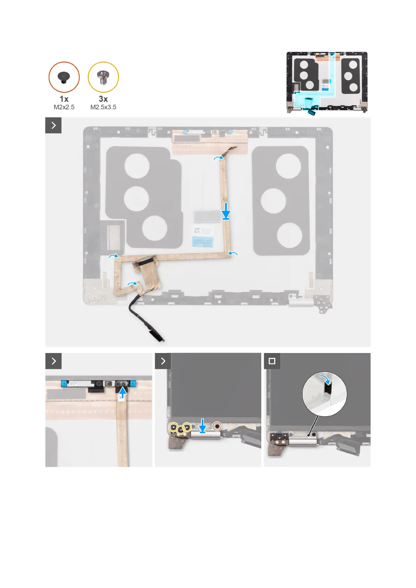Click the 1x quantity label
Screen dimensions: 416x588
64,99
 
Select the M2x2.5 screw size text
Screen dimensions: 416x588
64,107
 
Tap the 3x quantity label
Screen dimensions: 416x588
103,99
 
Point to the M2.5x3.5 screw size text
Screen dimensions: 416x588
103,107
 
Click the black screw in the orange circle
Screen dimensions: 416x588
64,77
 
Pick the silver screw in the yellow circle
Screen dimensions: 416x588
103,77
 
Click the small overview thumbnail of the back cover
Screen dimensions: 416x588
327,83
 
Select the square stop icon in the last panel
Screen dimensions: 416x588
272,361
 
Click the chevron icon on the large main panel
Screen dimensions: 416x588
53,125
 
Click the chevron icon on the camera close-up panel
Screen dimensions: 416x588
53,361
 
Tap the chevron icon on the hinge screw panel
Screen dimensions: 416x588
163,361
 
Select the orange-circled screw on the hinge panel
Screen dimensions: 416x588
217,426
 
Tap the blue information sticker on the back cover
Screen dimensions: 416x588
202,241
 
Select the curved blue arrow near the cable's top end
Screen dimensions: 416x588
219,158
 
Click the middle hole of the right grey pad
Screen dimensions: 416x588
273,201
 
